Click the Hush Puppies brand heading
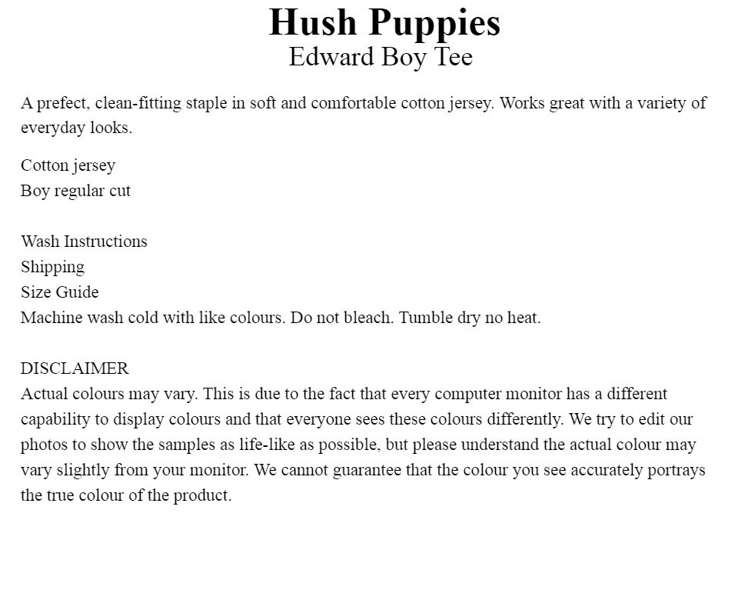point(384,22)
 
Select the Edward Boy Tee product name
point(381,57)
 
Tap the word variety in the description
point(660,103)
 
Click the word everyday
point(52,128)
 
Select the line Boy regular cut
point(75,191)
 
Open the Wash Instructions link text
point(84,242)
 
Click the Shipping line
point(52,267)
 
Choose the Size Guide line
point(59,292)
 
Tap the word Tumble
point(424,318)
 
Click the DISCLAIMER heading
point(75,368)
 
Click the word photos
point(44,445)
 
